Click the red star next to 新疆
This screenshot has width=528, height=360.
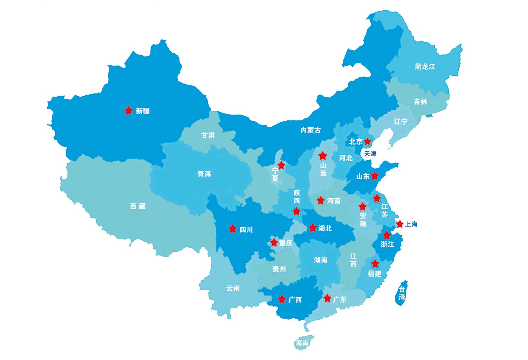128,110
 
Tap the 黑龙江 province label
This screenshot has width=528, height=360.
425,67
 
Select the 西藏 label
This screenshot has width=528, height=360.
138,206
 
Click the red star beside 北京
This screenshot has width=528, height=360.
368,141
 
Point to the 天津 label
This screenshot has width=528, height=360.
370,153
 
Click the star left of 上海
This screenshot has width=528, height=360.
400,224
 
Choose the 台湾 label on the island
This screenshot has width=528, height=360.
402,293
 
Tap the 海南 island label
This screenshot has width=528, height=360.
302,343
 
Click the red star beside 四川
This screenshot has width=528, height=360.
233,229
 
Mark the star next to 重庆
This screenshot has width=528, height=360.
274,243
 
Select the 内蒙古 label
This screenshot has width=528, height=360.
310,130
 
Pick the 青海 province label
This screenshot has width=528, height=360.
204,174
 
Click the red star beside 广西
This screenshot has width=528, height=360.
282,299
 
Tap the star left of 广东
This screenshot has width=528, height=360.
327,298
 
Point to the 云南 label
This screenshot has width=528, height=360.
233,288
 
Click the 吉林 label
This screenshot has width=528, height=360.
420,102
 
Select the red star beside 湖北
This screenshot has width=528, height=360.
312,227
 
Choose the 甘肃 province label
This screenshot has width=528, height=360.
208,135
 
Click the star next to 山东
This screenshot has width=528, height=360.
375,176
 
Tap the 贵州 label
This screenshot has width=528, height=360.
279,269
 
